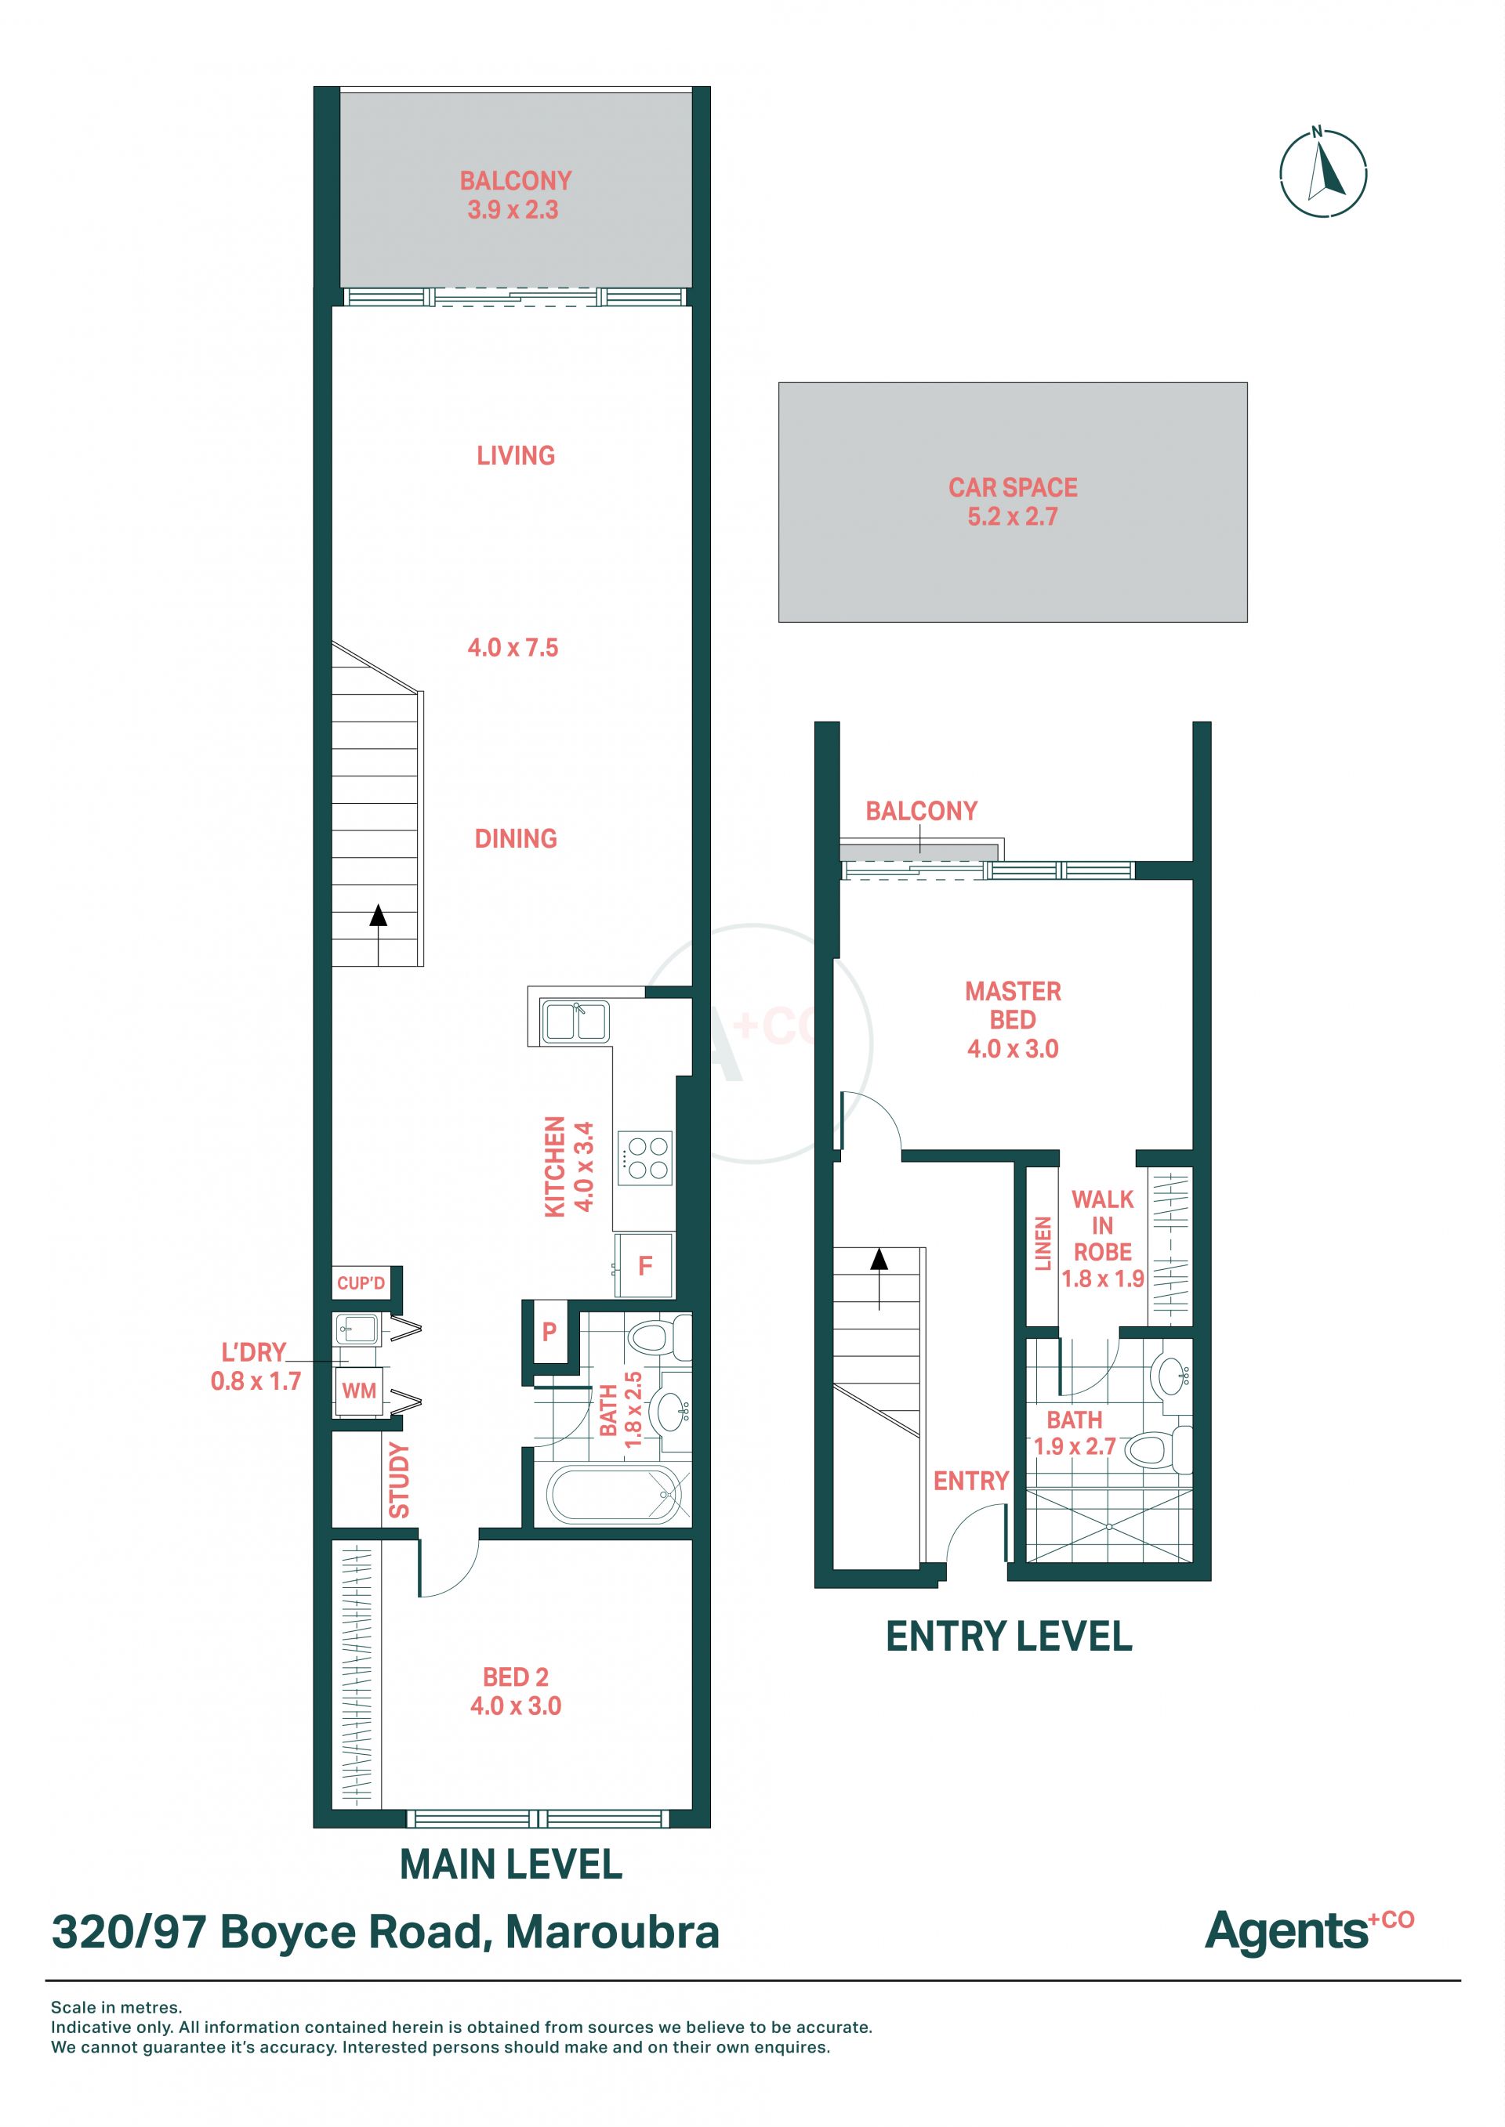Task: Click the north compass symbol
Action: (x=1322, y=173)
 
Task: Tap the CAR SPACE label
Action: (x=1012, y=487)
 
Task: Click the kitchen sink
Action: (x=575, y=1022)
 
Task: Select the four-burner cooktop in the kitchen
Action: (x=647, y=1157)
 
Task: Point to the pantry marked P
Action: (x=549, y=1331)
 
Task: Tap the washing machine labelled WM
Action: (x=359, y=1391)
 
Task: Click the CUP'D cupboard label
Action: (x=361, y=1283)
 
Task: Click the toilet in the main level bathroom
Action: (x=658, y=1337)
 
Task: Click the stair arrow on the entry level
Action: (x=879, y=1279)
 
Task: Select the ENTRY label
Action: (x=970, y=1481)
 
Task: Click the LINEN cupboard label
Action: (x=1043, y=1243)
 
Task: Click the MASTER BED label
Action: (x=1013, y=1005)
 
